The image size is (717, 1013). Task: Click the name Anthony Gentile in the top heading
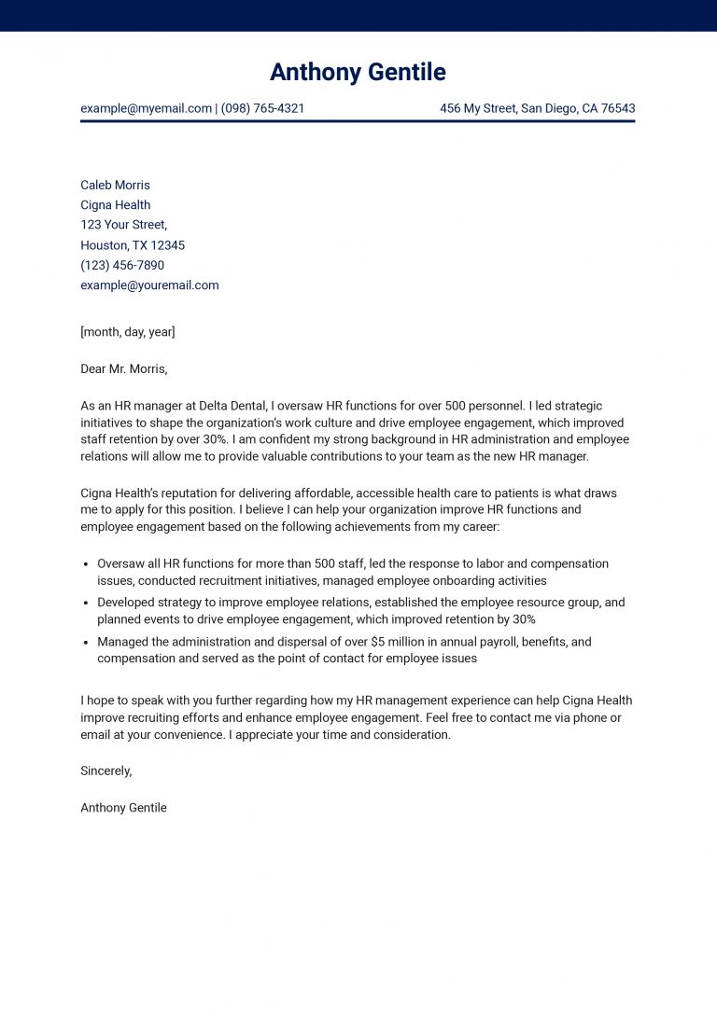pos(358,72)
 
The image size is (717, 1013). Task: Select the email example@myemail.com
pos(146,108)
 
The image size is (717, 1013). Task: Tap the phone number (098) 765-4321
pos(263,108)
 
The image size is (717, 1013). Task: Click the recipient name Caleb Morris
pos(115,185)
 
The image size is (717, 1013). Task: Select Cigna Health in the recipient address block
pos(115,205)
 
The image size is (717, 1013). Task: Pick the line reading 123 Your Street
pos(123,225)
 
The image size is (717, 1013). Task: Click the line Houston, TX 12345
pos(133,245)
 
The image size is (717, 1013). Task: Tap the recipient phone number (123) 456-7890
pos(122,265)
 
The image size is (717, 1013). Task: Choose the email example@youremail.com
pos(149,285)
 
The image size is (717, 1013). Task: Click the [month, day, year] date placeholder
pos(128,332)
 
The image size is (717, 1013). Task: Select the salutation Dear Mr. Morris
pos(123,368)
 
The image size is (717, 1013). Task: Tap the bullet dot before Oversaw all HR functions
pos(86,564)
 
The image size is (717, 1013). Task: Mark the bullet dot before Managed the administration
pos(86,643)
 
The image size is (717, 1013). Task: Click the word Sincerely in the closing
pos(105,770)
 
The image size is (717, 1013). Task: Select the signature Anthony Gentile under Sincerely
pos(123,808)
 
